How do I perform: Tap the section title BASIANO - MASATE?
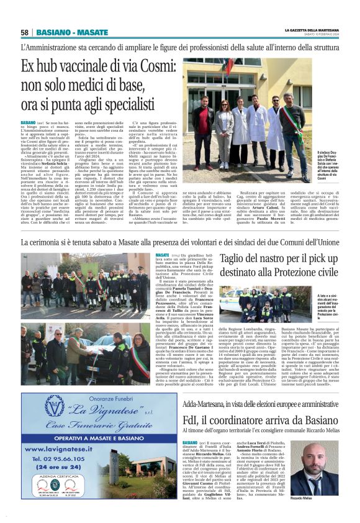tap(72, 32)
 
